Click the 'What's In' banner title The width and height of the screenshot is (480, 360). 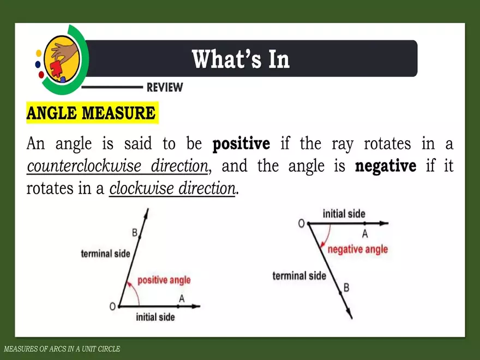[x=241, y=59]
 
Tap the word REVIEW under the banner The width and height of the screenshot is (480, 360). [x=165, y=87]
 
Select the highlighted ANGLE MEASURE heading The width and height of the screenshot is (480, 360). [x=91, y=113]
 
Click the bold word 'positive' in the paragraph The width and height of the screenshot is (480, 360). [x=241, y=145]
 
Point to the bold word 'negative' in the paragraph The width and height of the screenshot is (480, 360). [x=386, y=166]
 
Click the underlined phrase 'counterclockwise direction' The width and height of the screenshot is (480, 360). [x=117, y=166]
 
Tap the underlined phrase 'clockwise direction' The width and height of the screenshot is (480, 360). [x=172, y=189]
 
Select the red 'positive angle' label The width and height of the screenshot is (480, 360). [x=164, y=280]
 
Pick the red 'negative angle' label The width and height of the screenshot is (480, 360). [x=357, y=249]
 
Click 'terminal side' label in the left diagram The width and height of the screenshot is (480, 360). [x=105, y=254]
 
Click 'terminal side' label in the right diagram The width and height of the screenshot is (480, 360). [x=299, y=275]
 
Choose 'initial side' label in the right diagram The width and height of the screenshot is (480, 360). [x=344, y=214]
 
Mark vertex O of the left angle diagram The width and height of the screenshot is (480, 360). [x=112, y=307]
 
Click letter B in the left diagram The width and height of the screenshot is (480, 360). [x=134, y=233]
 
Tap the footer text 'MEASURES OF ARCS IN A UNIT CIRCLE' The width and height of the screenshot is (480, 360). [x=62, y=349]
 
